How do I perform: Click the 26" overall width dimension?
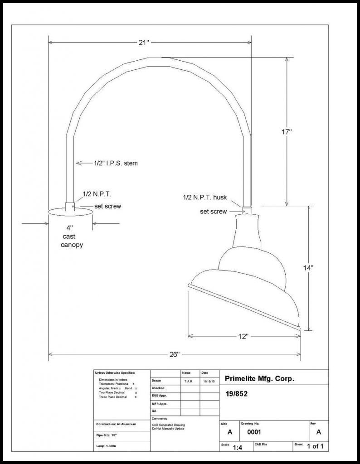pyautogui.click(x=175, y=354)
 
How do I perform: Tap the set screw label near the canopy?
pyautogui.click(x=107, y=206)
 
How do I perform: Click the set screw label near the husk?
pyautogui.click(x=213, y=211)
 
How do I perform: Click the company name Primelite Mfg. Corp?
pyautogui.click(x=259, y=379)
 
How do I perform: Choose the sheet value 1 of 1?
pyautogui.click(x=315, y=447)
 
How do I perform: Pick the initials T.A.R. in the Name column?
pyautogui.click(x=189, y=381)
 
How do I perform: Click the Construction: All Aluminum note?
pyautogui.click(x=116, y=424)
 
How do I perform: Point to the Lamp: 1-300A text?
pyautogui.click(x=106, y=447)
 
